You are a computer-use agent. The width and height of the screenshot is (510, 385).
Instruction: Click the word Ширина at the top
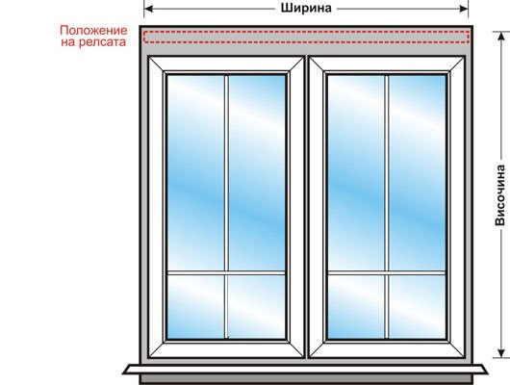click(306, 8)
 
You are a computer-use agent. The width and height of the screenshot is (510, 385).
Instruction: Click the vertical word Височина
click(500, 195)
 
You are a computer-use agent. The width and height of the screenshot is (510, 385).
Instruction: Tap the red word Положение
click(93, 31)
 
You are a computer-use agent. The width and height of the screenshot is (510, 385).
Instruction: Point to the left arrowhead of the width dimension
click(148, 9)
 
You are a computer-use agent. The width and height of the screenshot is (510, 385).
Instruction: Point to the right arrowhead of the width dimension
click(464, 9)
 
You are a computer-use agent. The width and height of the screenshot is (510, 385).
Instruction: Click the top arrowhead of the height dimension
click(501, 37)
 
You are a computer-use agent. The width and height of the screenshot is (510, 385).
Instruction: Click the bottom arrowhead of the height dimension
click(501, 353)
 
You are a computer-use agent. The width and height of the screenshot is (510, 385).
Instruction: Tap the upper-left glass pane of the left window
click(195, 173)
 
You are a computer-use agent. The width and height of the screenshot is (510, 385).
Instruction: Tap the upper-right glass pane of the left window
click(257, 173)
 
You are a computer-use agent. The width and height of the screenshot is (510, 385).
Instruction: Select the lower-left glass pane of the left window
click(195, 307)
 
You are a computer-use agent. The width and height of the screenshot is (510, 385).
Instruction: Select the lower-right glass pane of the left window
click(257, 307)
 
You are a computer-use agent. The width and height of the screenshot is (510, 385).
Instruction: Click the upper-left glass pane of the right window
click(356, 173)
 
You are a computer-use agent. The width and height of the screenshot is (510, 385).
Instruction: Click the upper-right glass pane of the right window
click(418, 173)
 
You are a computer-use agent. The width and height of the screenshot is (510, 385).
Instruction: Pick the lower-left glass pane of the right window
click(356, 307)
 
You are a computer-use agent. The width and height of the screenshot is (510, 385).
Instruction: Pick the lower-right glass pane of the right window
click(418, 307)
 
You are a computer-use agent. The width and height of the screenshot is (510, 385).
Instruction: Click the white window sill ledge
click(305, 370)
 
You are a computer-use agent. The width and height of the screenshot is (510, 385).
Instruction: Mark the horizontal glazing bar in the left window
click(226, 272)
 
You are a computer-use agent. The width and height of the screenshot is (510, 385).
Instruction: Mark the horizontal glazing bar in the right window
click(387, 272)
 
